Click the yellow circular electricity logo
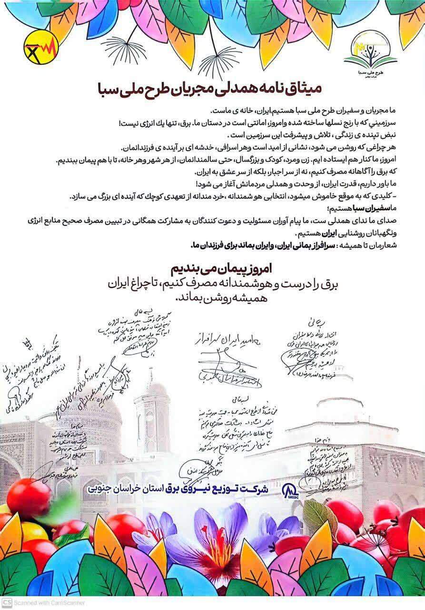pyautogui.click(x=41, y=48)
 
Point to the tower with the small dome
pyautogui.click(x=152, y=415)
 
